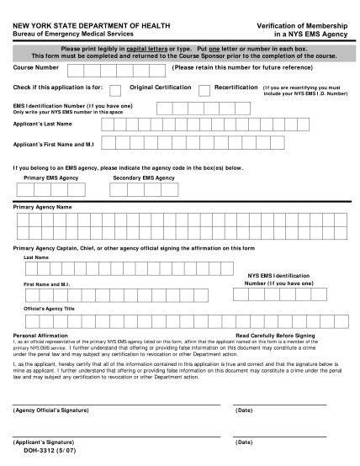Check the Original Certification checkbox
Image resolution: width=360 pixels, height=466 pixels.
pos(115,89)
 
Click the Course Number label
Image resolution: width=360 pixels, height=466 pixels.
pos(37,66)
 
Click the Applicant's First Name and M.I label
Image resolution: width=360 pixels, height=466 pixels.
pos(56,144)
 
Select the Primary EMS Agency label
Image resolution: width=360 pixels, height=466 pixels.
pos(51,178)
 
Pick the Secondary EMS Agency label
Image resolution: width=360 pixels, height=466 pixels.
pos(144,178)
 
